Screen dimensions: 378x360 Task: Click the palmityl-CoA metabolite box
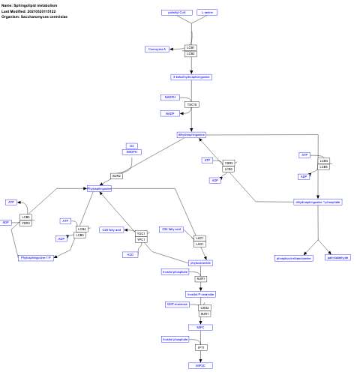(x=178, y=13)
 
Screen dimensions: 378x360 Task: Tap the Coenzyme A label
(x=156, y=49)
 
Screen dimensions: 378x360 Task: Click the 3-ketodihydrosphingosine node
(x=191, y=76)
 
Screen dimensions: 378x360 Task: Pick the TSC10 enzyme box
(x=191, y=104)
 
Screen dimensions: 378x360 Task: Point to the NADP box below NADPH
(x=169, y=113)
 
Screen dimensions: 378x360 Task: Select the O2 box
(x=132, y=145)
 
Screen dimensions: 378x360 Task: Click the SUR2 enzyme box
(x=117, y=175)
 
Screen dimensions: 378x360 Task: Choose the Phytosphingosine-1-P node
(x=35, y=257)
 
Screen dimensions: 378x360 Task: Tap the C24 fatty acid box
(x=111, y=229)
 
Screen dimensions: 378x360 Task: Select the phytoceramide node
(x=200, y=263)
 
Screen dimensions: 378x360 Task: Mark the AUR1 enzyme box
(x=200, y=278)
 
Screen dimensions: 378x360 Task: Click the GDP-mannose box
(x=177, y=304)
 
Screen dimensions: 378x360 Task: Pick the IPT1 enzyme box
(x=200, y=347)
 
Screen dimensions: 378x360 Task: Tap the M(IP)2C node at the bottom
(x=200, y=364)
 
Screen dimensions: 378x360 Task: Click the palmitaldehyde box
(x=338, y=257)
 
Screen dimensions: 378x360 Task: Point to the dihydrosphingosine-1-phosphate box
(x=318, y=202)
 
